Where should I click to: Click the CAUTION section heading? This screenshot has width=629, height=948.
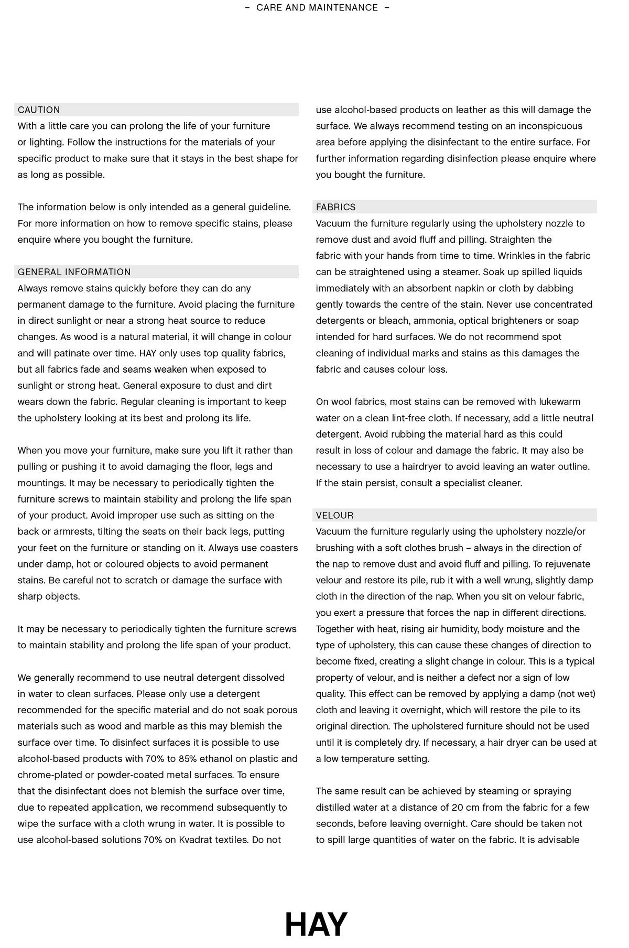pyautogui.click(x=39, y=110)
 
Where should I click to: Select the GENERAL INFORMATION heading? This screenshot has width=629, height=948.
pyautogui.click(x=74, y=272)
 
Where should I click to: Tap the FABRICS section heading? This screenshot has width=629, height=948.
pyautogui.click(x=335, y=207)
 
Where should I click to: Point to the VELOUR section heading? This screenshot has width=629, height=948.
pyautogui.click(x=334, y=515)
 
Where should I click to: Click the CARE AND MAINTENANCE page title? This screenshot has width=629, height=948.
pyautogui.click(x=317, y=8)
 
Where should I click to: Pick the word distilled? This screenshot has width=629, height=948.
pyautogui.click(x=335, y=808)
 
